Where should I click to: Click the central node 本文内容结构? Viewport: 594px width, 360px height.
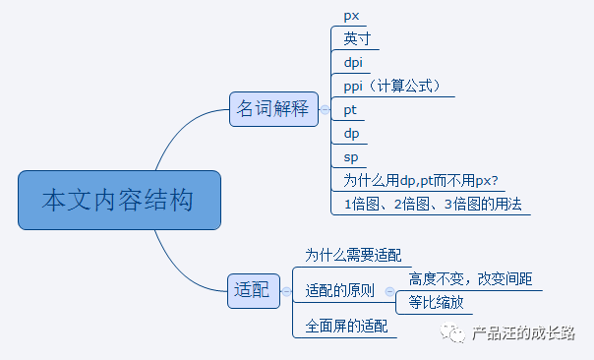click(119, 201)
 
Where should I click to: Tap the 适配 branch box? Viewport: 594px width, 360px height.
click(252, 290)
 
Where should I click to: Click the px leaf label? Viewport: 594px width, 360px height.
click(351, 16)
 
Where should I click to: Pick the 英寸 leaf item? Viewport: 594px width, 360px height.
click(357, 38)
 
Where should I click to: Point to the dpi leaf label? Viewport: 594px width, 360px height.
click(354, 62)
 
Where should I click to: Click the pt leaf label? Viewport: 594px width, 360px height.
click(350, 109)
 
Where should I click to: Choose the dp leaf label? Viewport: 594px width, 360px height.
click(351, 133)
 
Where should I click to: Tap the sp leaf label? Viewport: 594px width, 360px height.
click(351, 156)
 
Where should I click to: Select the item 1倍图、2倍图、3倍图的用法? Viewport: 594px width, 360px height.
click(432, 204)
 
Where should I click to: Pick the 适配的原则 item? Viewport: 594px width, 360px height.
click(339, 291)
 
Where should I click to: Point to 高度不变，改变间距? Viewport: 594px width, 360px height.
click(471, 279)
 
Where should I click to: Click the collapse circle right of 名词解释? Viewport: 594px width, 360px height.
click(326, 109)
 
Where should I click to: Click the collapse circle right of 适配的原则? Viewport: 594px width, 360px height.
click(388, 291)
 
